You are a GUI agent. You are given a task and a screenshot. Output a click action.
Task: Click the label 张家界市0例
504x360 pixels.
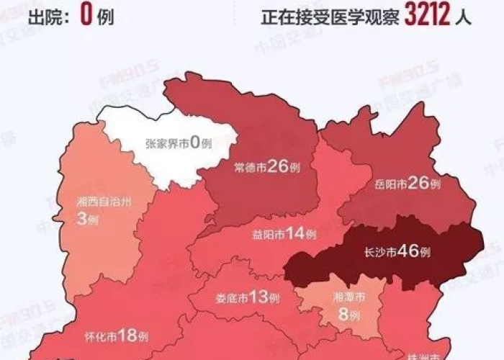[179, 143]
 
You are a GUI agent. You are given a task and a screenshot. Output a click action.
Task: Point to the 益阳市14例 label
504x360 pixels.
[284, 233]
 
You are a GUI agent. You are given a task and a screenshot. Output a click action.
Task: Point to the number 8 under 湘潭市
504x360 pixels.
[343, 313]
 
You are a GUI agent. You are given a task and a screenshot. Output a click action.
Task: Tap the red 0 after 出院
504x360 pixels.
[86, 14]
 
